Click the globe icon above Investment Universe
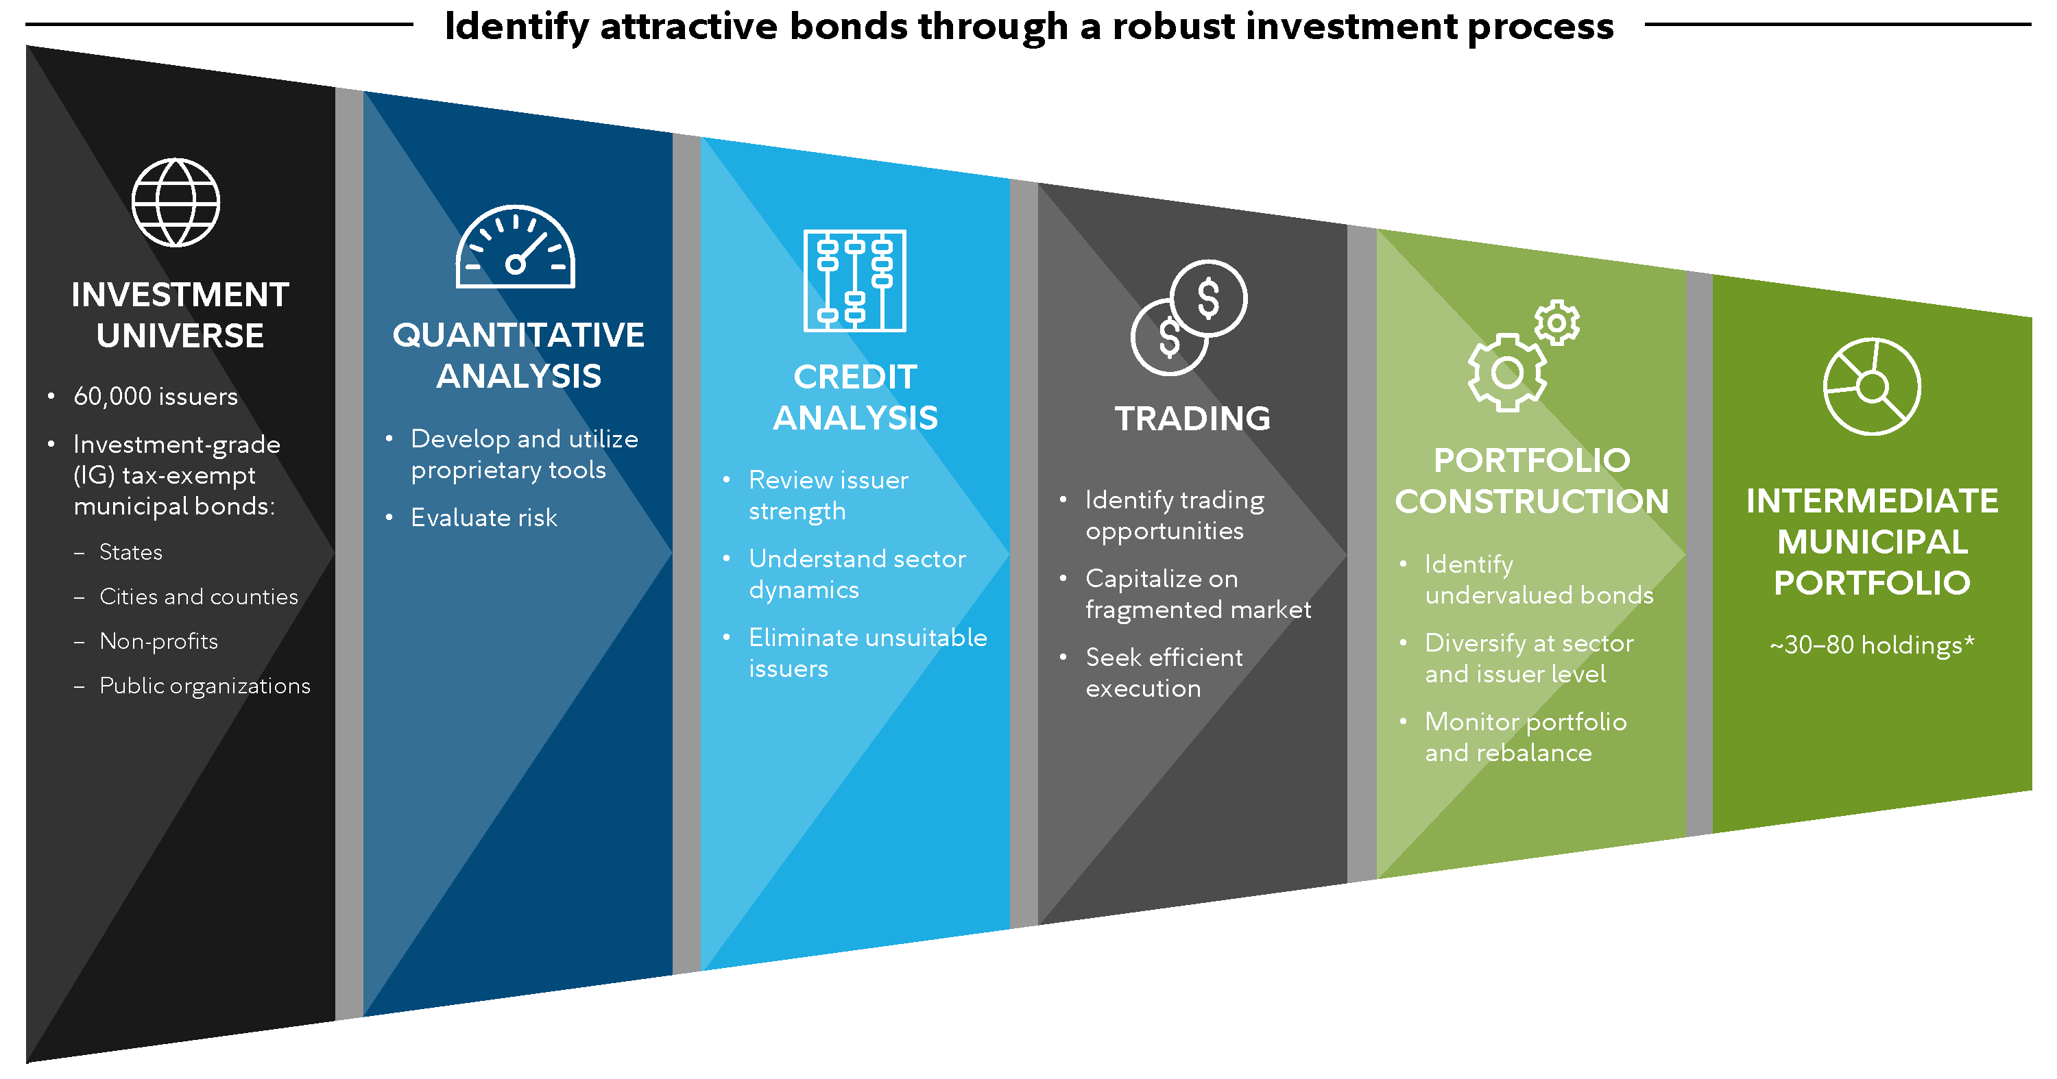tap(176, 203)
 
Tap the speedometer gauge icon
tap(515, 248)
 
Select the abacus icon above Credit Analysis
tap(854, 280)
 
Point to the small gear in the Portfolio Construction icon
tap(1556, 323)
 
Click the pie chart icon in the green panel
tap(1872, 387)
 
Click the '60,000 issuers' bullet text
tap(156, 397)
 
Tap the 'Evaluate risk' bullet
tap(484, 518)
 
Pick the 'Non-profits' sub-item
tap(158, 642)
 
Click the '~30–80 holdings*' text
tap(1872, 645)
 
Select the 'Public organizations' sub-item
tap(204, 686)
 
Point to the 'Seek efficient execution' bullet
tap(1164, 673)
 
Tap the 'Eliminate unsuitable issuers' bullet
tap(867, 653)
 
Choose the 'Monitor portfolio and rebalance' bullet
tap(1525, 737)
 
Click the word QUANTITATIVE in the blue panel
tap(518, 335)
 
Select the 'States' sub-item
tap(130, 552)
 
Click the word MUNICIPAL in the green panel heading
tap(1872, 543)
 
